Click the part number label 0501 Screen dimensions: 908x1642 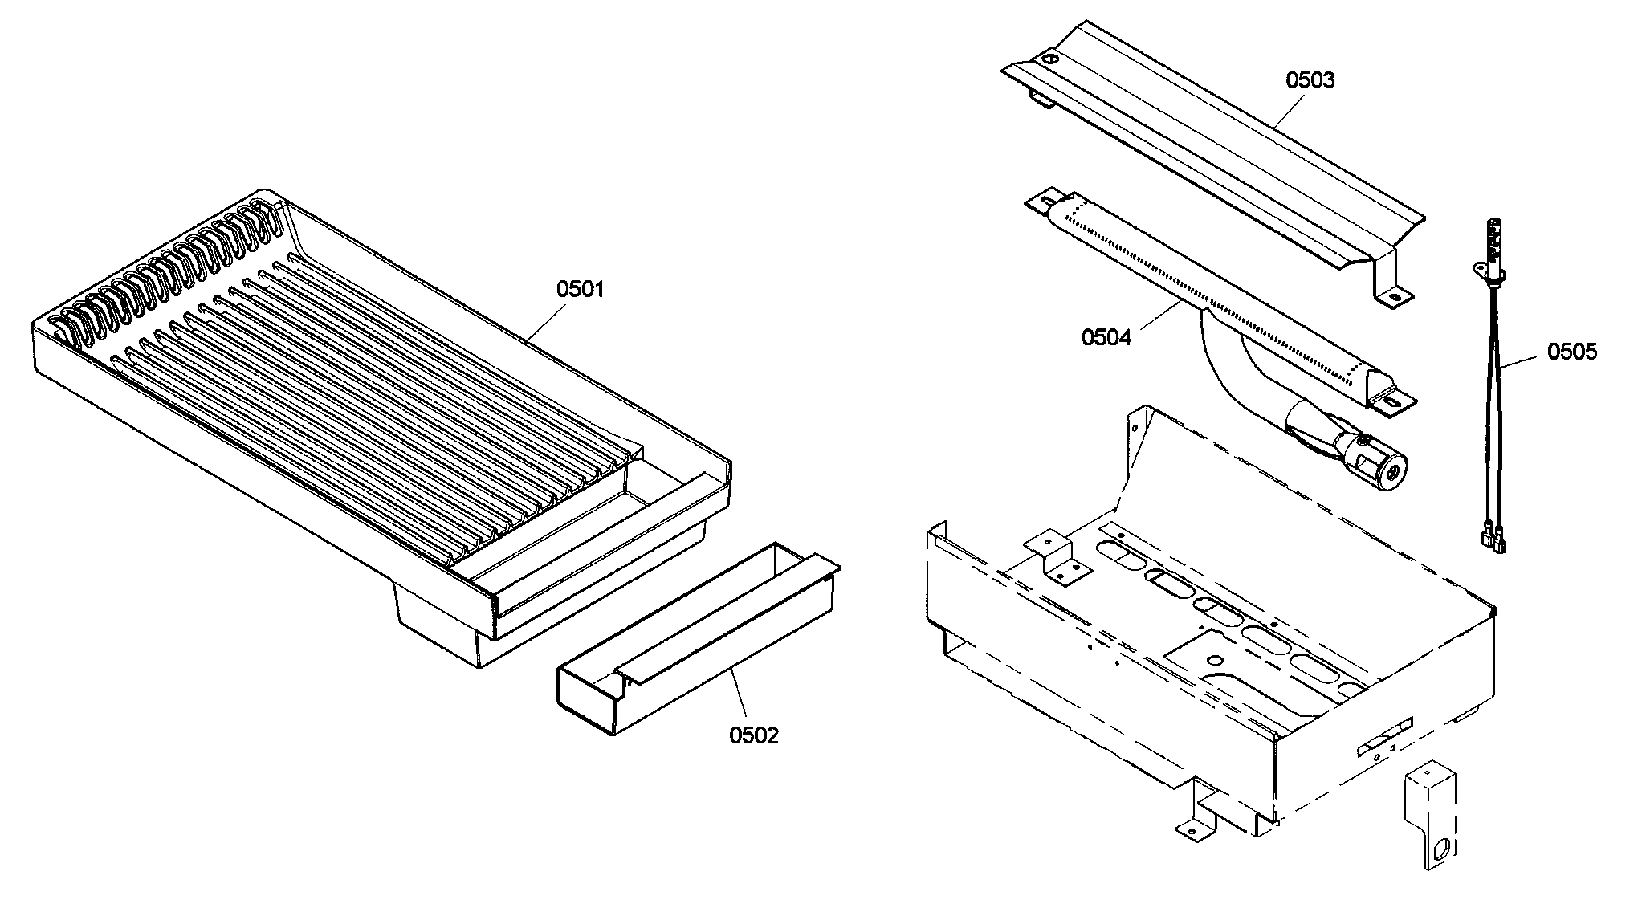(580, 289)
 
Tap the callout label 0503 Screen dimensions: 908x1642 (1310, 80)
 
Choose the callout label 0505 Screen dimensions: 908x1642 (1571, 352)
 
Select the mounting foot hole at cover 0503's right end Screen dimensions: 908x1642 (1394, 298)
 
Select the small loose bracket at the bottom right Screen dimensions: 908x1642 (1430, 819)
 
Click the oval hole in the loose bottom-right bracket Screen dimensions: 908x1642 (1443, 847)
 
